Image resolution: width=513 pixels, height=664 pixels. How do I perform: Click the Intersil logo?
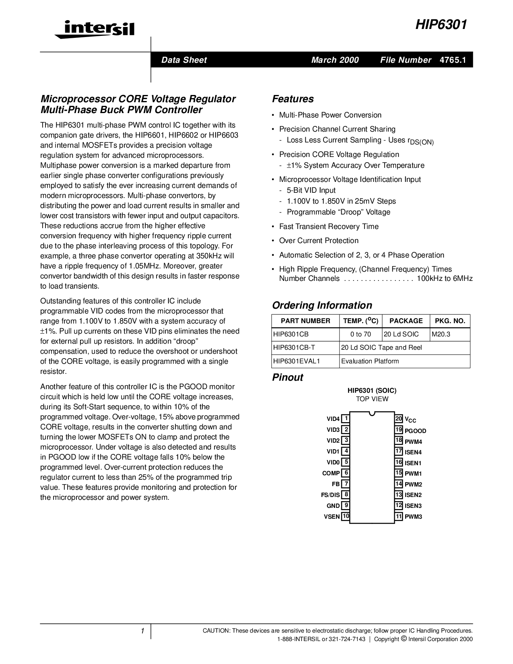tap(94, 29)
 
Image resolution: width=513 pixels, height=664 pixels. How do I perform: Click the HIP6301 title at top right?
tap(441, 25)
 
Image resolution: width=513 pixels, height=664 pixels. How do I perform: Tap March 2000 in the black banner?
tap(335, 60)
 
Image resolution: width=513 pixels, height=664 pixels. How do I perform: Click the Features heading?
tap(293, 99)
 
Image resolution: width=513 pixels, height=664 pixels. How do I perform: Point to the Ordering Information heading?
tap(322, 305)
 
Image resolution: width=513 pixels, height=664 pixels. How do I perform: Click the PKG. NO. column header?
tap(450, 321)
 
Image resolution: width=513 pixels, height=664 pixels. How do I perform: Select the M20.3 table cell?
tap(441, 334)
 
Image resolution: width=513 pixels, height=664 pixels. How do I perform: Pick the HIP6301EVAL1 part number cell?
tap(297, 361)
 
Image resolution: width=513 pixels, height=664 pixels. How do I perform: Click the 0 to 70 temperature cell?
tap(361, 334)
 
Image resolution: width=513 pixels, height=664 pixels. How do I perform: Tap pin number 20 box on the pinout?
tap(399, 419)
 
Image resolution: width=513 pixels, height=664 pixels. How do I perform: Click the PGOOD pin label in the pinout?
tap(415, 431)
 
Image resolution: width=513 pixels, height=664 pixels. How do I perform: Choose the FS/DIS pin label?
tap(330, 495)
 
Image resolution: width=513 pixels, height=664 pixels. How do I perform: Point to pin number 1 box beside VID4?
tap(346, 419)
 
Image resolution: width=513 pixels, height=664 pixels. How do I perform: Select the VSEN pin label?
tap(332, 516)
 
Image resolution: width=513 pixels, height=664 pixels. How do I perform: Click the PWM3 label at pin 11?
tap(413, 517)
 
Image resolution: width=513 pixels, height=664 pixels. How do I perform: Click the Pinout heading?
tap(287, 377)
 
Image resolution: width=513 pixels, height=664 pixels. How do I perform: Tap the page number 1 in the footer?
tap(142, 631)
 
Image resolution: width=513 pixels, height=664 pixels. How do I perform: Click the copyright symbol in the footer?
tap(403, 639)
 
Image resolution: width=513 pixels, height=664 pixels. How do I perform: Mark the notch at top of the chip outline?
tap(372, 413)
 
